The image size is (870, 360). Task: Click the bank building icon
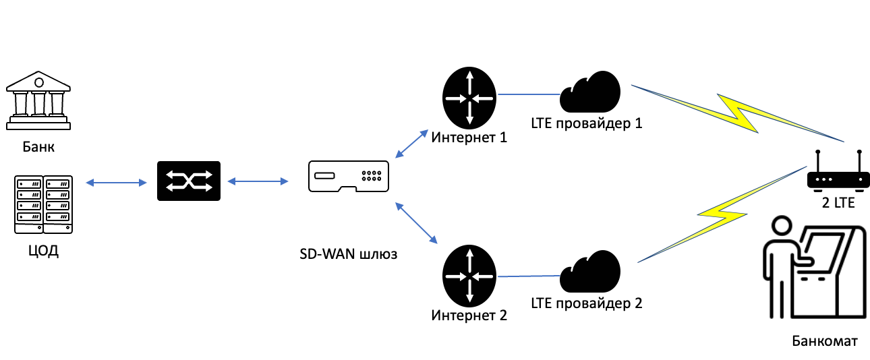pyautogui.click(x=38, y=100)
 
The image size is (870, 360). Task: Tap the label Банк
pyautogui.click(x=38, y=147)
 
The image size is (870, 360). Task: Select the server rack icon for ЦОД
pyautogui.click(x=43, y=204)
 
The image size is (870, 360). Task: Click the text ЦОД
pyautogui.click(x=43, y=251)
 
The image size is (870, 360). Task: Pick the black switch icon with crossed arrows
pyautogui.click(x=189, y=181)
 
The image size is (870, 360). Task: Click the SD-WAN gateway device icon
pyautogui.click(x=349, y=177)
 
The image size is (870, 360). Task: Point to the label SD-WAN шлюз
pyautogui.click(x=349, y=254)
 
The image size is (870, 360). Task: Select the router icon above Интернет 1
pyautogui.click(x=469, y=98)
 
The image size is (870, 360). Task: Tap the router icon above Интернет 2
pyautogui.click(x=469, y=276)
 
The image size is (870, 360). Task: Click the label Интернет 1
pyautogui.click(x=469, y=138)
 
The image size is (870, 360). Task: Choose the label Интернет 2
pyautogui.click(x=469, y=316)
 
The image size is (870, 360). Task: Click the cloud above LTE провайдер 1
pyautogui.click(x=589, y=92)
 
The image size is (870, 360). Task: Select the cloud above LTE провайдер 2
pyautogui.click(x=589, y=272)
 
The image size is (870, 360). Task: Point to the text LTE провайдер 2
pyautogui.click(x=587, y=303)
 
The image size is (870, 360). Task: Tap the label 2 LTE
pyautogui.click(x=838, y=203)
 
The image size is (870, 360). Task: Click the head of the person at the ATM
pyautogui.click(x=782, y=226)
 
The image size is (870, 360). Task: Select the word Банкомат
pyautogui.click(x=825, y=341)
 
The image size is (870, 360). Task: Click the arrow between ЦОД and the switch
pyautogui.click(x=116, y=183)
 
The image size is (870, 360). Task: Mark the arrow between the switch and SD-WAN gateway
pyautogui.click(x=258, y=181)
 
